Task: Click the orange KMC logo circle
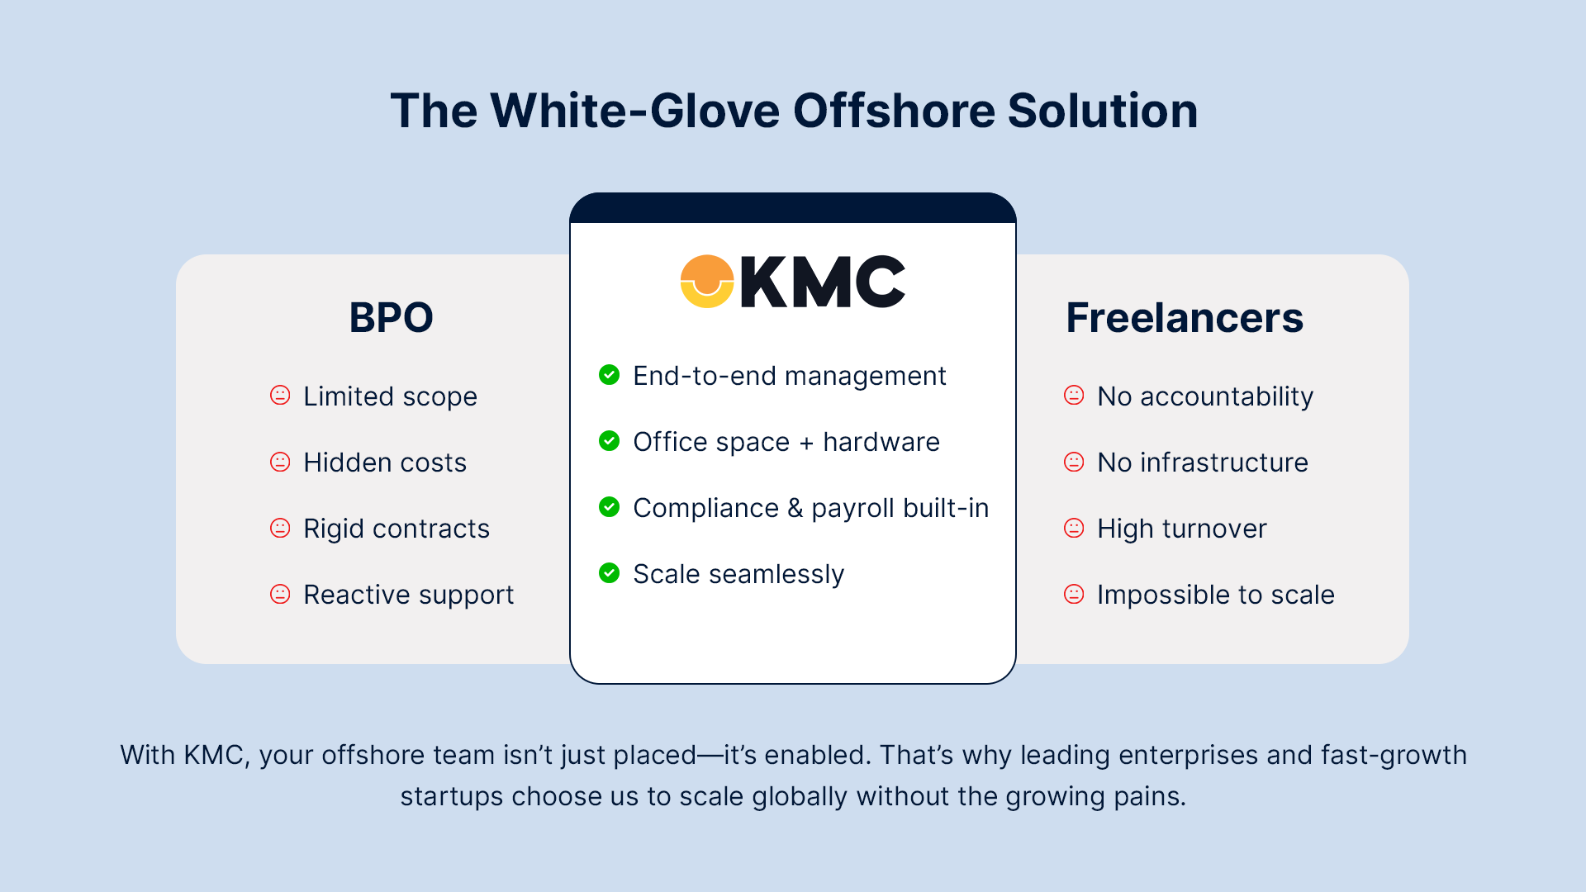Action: click(x=707, y=282)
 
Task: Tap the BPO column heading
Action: click(x=391, y=318)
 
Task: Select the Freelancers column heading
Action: click(x=1184, y=318)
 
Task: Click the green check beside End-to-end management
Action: click(x=610, y=375)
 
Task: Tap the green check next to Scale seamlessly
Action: click(x=610, y=573)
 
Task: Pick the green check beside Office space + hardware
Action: click(x=610, y=441)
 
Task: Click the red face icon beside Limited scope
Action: click(x=281, y=396)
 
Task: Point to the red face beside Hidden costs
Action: click(x=281, y=462)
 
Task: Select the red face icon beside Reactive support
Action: click(x=281, y=594)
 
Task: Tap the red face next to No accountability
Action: click(x=1074, y=396)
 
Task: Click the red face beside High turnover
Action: click(x=1074, y=528)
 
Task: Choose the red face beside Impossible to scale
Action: click(x=1074, y=594)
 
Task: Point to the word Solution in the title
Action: click(x=1102, y=111)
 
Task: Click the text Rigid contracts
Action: click(x=396, y=529)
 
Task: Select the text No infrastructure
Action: click(x=1202, y=463)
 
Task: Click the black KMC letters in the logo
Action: click(x=823, y=282)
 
